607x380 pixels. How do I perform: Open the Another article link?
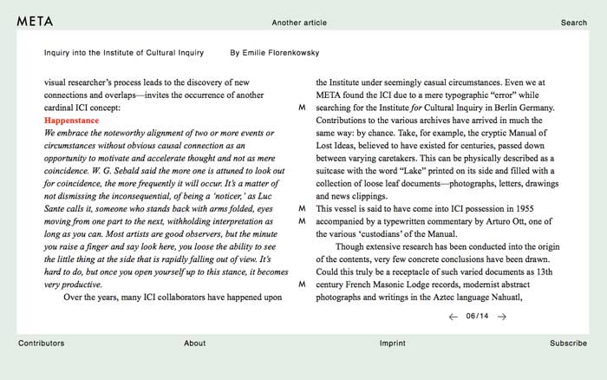click(x=299, y=23)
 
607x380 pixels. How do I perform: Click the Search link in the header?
click(x=573, y=23)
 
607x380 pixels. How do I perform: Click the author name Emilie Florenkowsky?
click(x=275, y=53)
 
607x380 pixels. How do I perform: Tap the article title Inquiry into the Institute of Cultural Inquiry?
click(x=124, y=53)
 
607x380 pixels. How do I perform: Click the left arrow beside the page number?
click(x=453, y=317)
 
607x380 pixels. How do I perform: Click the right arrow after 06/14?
click(x=502, y=317)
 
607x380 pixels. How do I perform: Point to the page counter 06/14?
click(x=477, y=317)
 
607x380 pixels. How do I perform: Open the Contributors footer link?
click(x=41, y=344)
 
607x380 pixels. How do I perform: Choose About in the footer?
click(x=194, y=344)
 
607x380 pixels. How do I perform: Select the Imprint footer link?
click(x=392, y=344)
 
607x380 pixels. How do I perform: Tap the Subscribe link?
click(x=568, y=344)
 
